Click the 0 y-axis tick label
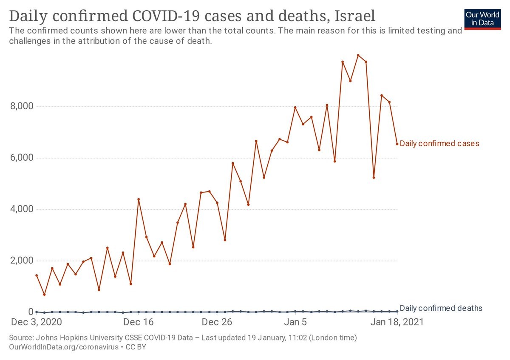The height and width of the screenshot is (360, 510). point(31,312)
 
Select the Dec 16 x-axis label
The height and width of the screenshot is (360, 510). point(138,322)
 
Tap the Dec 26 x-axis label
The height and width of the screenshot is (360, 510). point(217,322)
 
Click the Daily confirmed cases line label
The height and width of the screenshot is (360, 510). point(439,144)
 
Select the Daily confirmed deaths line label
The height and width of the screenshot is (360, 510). point(441,308)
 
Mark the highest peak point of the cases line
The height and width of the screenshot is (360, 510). point(358,55)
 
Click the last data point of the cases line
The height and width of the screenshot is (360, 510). point(397,144)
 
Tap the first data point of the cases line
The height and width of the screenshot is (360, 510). point(37,275)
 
